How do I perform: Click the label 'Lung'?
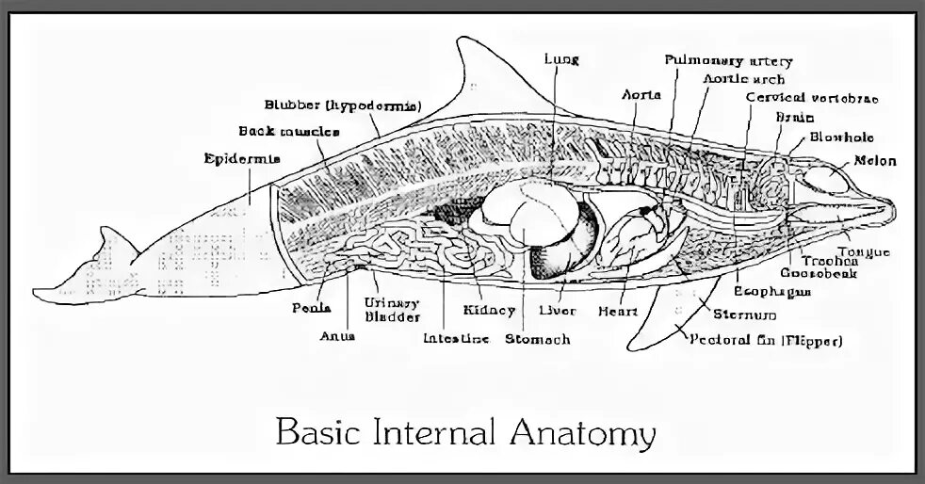pos(560,58)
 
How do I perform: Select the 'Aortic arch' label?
pos(743,79)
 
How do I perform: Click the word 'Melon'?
pos(875,161)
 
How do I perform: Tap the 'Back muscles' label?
pos(276,131)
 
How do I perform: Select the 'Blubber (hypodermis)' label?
pos(343,105)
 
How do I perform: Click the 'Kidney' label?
pos(489,310)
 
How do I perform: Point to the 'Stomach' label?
pos(537,338)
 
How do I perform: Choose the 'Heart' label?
pos(618,311)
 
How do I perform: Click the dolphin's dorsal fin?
pos(471,75)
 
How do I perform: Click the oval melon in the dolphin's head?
pos(829,179)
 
